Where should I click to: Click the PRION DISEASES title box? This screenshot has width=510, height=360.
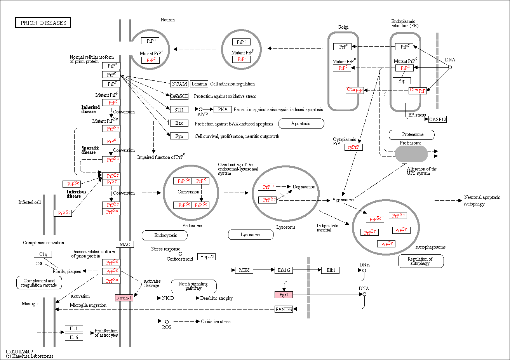coord(43,23)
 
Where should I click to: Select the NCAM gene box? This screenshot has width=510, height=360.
coord(179,84)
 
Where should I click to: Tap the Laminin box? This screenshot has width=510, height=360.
coord(199,84)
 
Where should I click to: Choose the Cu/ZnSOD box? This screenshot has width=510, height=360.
coord(179,96)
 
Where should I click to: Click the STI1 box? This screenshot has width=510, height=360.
coord(179,110)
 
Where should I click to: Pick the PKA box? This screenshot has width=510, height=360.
coord(223,110)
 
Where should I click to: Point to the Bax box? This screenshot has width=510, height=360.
coord(179,123)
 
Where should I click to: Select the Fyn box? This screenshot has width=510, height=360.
coord(179,136)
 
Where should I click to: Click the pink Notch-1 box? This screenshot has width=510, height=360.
coord(124,297)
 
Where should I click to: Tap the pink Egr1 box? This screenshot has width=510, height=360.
coord(284,295)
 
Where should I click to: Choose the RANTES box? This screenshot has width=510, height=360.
coord(284,309)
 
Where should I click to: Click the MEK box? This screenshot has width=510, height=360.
coord(244,270)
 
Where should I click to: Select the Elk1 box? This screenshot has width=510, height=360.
coord(331,270)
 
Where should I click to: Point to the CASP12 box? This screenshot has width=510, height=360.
coord(437,119)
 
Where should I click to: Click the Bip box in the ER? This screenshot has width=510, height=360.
coord(402,81)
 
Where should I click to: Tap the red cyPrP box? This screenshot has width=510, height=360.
coord(353,147)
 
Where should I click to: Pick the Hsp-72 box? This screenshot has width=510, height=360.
coord(207,257)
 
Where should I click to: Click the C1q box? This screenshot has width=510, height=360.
coord(43,254)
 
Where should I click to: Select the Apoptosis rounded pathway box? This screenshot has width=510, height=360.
coord(301,123)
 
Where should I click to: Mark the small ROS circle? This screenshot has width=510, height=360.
coord(167,322)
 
